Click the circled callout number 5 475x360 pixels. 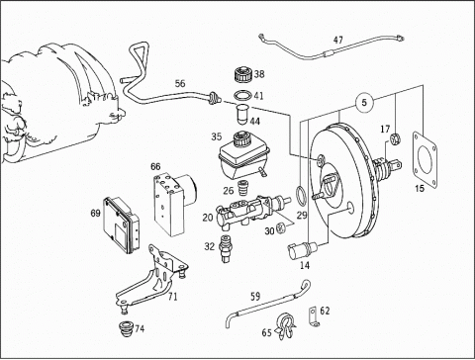click(x=364, y=103)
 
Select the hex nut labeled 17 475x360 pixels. click(x=395, y=138)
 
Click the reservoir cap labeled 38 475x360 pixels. click(x=243, y=75)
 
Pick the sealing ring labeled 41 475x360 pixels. click(x=243, y=96)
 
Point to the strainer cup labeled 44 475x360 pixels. click(x=243, y=115)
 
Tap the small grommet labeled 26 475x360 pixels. click(x=243, y=188)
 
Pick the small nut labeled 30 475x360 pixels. click(x=281, y=227)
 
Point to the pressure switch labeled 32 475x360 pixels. click(x=226, y=248)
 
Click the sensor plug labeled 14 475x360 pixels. click(x=301, y=251)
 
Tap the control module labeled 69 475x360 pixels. click(x=121, y=225)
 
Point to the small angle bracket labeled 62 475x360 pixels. click(x=314, y=315)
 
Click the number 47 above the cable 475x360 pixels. click(x=338, y=41)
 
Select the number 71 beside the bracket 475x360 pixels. click(x=172, y=297)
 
